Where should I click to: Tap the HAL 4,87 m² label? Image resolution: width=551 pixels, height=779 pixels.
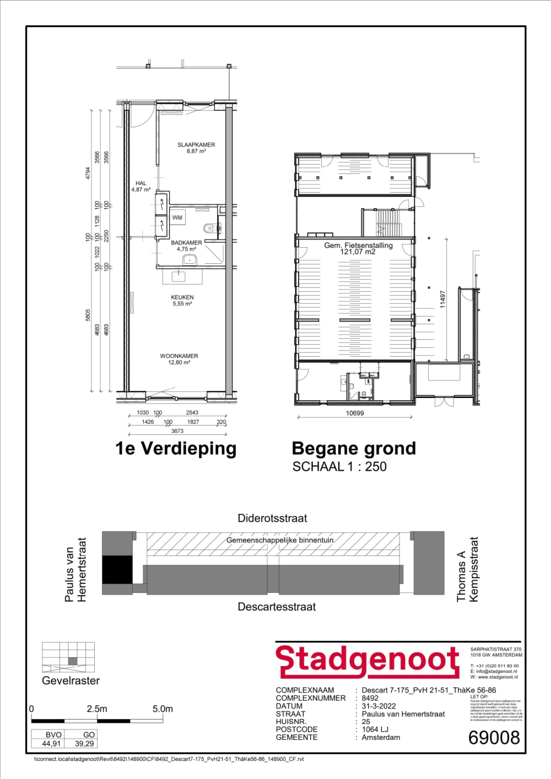141,186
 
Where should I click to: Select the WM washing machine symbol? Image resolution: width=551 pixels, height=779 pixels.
177,217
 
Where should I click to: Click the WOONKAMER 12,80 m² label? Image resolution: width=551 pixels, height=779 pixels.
179,359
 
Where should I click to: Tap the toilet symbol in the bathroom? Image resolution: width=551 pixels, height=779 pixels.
208,228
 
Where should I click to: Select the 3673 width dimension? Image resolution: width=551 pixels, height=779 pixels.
177,431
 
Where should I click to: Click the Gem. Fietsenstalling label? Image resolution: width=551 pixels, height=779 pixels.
358,248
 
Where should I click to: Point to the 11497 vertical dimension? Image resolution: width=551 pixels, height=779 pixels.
442,298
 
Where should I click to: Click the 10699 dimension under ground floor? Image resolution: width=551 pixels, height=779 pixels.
355,413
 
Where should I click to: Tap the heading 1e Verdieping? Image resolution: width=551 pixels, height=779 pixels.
176,449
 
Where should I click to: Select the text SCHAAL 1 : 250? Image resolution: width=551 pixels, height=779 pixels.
339,467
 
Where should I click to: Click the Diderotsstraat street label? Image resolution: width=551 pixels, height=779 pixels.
272,518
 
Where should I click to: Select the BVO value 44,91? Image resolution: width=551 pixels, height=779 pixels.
51,743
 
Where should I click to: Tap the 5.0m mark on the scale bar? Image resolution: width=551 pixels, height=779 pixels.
163,709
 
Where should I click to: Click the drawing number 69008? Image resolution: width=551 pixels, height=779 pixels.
494,738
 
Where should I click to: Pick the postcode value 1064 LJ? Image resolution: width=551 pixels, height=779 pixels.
375,729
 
